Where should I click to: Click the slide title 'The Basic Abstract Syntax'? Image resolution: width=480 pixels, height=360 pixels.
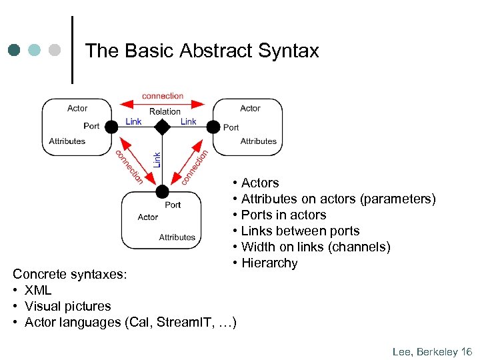pyautogui.click(x=202, y=51)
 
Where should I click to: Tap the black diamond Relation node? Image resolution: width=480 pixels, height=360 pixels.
pyautogui.click(x=162, y=127)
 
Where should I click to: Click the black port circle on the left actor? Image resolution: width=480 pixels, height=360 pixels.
pyautogui.click(x=112, y=127)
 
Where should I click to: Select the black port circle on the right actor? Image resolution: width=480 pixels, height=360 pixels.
pyautogui.click(x=213, y=127)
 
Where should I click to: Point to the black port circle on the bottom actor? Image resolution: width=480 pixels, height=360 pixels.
pyautogui.click(x=162, y=192)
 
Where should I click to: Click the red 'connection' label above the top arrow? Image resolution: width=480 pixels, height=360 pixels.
pyautogui.click(x=163, y=96)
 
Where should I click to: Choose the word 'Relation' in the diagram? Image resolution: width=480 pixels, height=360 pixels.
pyautogui.click(x=165, y=111)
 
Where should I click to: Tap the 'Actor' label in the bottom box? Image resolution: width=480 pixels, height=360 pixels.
pyautogui.click(x=148, y=217)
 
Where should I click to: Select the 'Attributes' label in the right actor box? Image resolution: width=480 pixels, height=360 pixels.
pyautogui.click(x=258, y=141)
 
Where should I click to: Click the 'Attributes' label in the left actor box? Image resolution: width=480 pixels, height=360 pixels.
pyautogui.click(x=67, y=141)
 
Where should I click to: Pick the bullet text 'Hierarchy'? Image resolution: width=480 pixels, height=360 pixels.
pyautogui.click(x=269, y=263)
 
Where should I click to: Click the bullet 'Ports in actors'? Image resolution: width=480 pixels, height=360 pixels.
pyautogui.click(x=283, y=215)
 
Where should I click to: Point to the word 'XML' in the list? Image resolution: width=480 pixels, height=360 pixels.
pyautogui.click(x=39, y=290)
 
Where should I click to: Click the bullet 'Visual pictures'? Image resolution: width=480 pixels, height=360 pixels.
pyautogui.click(x=68, y=306)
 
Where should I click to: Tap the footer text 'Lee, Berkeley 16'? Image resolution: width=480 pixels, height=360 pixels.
pyautogui.click(x=432, y=351)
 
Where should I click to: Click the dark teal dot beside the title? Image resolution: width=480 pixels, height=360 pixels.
pyautogui.click(x=14, y=50)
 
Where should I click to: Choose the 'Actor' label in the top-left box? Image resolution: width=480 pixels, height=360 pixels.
pyautogui.click(x=77, y=108)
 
